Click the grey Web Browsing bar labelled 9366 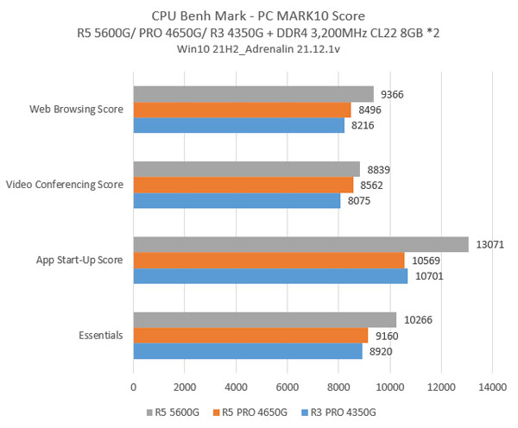click(x=253, y=94)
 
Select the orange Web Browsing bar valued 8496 click(x=242, y=110)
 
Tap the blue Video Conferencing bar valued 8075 click(x=237, y=200)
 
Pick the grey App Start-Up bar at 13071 click(x=300, y=245)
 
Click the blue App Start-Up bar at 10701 click(x=270, y=276)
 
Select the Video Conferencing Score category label click(x=65, y=185)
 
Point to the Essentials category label click(x=98, y=336)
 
